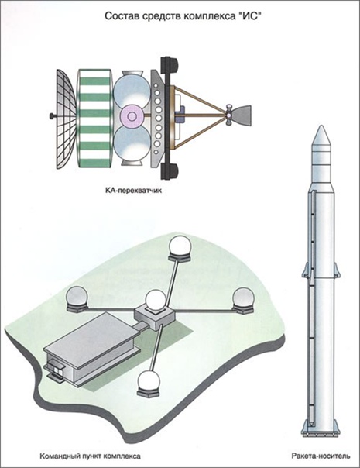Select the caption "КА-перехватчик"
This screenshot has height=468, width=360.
tap(133, 190)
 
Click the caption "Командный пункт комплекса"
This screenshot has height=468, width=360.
tap(90, 456)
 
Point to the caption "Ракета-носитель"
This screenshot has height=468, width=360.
tap(321, 456)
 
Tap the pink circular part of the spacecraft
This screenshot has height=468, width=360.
tap(131, 115)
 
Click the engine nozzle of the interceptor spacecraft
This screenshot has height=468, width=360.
tap(241, 115)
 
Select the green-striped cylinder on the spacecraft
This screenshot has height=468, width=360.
tap(94, 118)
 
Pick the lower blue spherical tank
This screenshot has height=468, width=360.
tap(132, 142)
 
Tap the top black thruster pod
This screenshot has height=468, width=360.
tap(169, 66)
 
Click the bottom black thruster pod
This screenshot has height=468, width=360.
tap(169, 171)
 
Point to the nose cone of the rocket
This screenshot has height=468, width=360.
tap(320, 136)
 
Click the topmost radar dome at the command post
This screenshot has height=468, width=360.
tap(180, 246)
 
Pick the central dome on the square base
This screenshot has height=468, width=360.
tap(155, 301)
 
